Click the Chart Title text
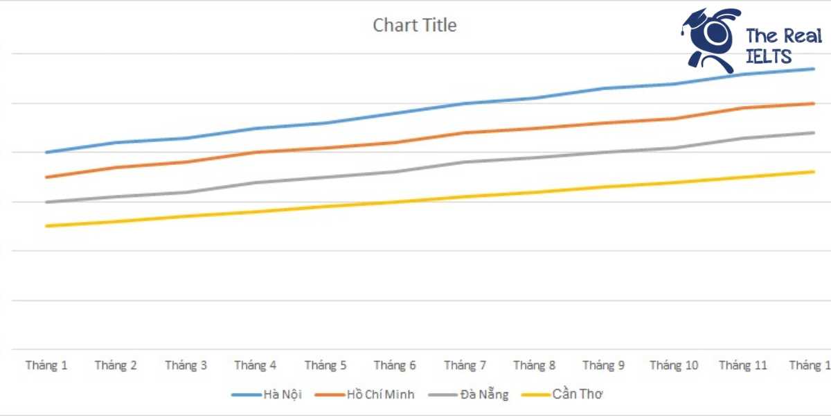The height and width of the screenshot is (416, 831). pyautogui.click(x=414, y=26)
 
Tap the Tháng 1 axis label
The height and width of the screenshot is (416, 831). pyautogui.click(x=46, y=365)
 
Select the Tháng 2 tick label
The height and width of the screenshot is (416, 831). pyautogui.click(x=116, y=365)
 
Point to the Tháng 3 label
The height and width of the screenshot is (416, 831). pyautogui.click(x=186, y=365)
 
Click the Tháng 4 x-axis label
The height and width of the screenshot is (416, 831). pyautogui.click(x=256, y=365)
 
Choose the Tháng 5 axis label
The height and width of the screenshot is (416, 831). pyautogui.click(x=325, y=365)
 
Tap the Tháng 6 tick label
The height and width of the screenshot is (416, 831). pyautogui.click(x=395, y=365)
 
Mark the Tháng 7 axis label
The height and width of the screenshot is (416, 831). pyautogui.click(x=465, y=365)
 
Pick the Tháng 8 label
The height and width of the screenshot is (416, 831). pyautogui.click(x=534, y=365)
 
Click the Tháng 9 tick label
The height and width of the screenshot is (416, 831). pyautogui.click(x=604, y=365)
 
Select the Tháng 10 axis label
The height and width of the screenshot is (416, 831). pyautogui.click(x=674, y=365)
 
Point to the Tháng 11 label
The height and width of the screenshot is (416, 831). pyautogui.click(x=743, y=365)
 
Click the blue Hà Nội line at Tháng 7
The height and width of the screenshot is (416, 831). pyautogui.click(x=465, y=104)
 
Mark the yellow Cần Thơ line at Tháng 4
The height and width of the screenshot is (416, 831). pyautogui.click(x=256, y=211)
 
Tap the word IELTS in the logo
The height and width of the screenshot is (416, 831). pyautogui.click(x=769, y=57)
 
